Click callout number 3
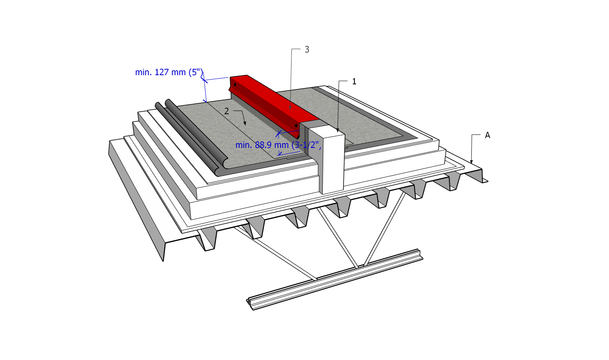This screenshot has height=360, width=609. (307, 50)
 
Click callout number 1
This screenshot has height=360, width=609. (354, 81)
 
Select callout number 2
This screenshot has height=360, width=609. (227, 111)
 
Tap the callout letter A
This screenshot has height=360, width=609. (488, 135)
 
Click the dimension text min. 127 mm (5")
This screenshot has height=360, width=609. (169, 72)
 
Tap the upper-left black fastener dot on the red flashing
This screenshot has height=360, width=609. (235, 85)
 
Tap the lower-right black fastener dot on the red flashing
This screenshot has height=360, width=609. (296, 126)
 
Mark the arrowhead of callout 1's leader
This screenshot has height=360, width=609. (338, 131)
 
